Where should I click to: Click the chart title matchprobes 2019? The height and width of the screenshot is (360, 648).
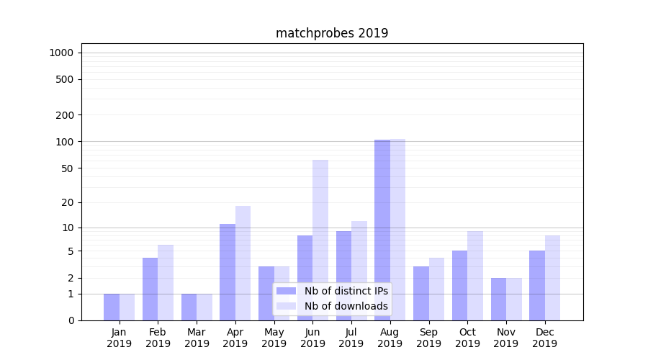332,33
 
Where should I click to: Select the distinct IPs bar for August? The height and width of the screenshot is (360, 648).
382,230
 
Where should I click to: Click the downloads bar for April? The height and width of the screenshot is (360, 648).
243,263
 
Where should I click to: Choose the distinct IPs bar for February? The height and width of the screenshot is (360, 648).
150,289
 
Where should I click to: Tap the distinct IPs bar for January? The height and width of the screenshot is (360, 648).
112,307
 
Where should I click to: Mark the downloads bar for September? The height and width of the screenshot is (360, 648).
436,289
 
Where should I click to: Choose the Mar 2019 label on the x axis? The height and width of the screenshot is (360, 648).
197,338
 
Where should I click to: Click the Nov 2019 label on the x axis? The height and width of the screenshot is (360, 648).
506,338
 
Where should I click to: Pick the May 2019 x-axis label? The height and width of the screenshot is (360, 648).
274,338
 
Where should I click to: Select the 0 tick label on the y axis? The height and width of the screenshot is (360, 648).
71,320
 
